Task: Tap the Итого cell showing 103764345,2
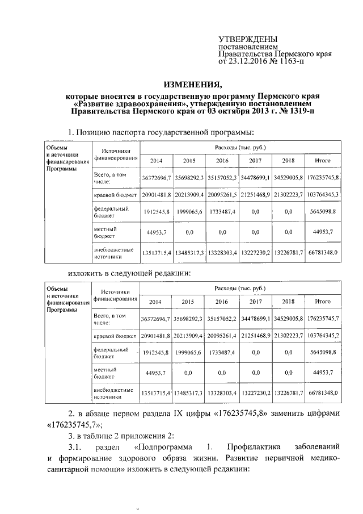point(323,336)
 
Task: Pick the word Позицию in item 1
point(94,133)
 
